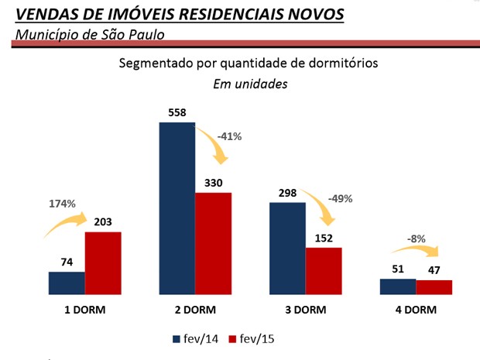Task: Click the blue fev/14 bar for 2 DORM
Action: pos(177,208)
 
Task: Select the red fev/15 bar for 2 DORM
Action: pos(213,243)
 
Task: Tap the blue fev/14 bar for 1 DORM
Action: pos(67,283)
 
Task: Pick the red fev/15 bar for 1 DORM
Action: pos(103,263)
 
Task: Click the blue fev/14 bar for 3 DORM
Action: pos(287,248)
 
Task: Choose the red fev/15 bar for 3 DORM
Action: pos(324,271)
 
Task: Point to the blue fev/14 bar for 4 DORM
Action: pos(398,286)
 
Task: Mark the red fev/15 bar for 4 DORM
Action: pos(434,286)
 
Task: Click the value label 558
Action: pos(177,112)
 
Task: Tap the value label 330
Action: pos(213,182)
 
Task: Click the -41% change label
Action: pos(229,136)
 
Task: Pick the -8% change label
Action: pos(416,239)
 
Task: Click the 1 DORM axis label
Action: pos(84,310)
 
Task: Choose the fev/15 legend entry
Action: pos(254,338)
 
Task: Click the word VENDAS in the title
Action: pos(45,15)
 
